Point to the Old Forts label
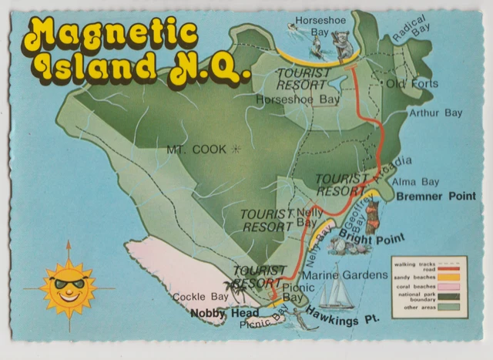(x=411, y=83)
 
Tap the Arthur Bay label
(x=435, y=113)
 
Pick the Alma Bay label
(x=416, y=182)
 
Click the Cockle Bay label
(x=200, y=297)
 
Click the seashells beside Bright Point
(x=340, y=245)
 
